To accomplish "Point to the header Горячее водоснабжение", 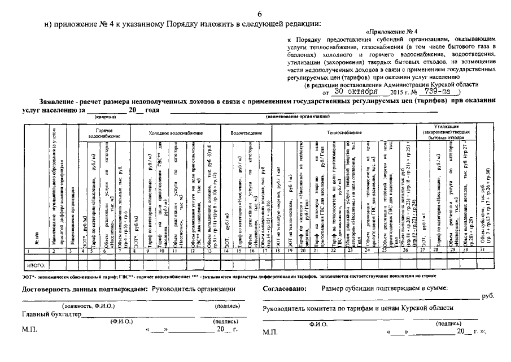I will (x=105, y=133).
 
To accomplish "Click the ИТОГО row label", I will (x=36, y=265).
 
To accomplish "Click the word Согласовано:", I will (x=284, y=289).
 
